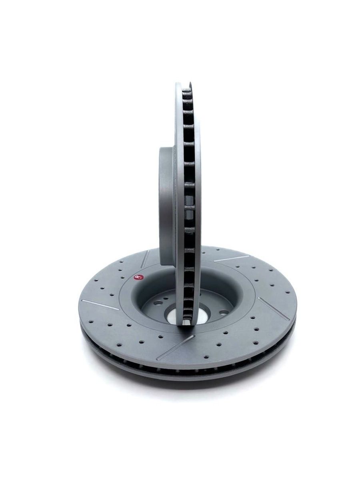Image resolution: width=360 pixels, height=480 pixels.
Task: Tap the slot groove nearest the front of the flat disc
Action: pos(176,348)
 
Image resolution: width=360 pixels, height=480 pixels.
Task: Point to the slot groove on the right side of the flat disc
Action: pos(272,308)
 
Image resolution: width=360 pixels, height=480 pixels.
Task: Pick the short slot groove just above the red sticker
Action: pos(145,259)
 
